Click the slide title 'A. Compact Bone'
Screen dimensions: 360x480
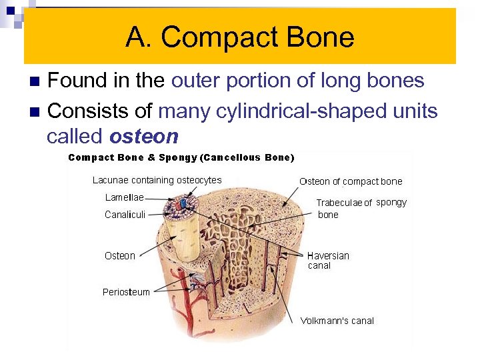239,37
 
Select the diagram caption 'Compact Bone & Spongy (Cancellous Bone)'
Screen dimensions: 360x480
181,158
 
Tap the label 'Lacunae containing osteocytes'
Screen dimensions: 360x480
157,180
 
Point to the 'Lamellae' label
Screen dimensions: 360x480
124,197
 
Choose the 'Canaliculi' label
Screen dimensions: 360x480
125,215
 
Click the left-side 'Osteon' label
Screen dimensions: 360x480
120,256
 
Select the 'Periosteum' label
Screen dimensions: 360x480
126,292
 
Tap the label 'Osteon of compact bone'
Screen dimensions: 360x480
351,181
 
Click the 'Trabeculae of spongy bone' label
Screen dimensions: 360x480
360,208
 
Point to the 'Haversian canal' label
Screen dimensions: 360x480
328,260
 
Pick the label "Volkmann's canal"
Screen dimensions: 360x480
337,321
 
